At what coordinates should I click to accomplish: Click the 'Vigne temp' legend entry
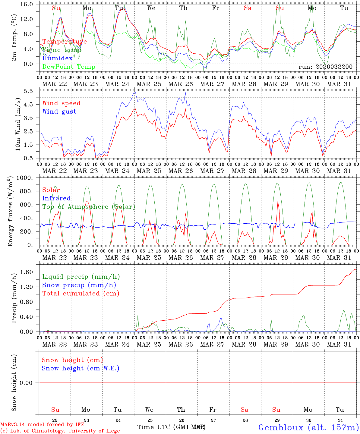[62, 50]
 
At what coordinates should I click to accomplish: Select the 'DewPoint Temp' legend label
[69, 67]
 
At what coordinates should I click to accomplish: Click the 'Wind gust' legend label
[59, 112]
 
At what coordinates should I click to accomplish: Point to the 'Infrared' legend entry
[56, 198]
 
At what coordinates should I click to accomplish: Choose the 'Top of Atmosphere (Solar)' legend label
[89, 207]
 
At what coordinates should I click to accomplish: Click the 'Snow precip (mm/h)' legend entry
[79, 285]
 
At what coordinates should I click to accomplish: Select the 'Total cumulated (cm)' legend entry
[81, 294]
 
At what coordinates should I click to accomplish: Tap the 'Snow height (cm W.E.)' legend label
[81, 368]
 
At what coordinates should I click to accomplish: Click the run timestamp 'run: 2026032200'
[325, 67]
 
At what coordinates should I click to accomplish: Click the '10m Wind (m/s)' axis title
[17, 124]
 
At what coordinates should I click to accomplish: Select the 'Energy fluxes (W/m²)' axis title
[11, 211]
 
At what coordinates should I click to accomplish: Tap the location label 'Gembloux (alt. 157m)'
[308, 427]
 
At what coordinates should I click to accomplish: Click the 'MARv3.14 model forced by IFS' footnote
[42, 425]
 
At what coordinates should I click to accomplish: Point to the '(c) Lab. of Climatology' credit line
[60, 431]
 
